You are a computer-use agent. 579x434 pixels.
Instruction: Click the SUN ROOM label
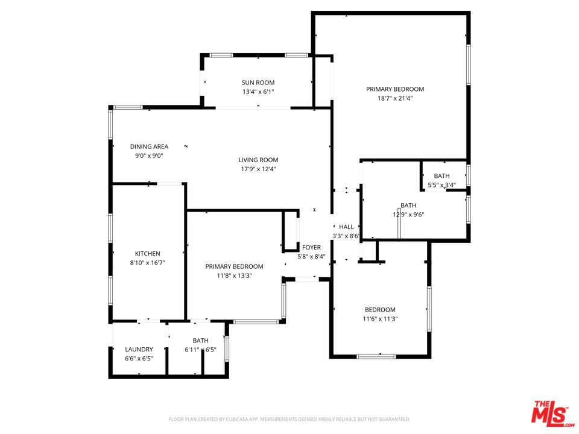(x=258, y=83)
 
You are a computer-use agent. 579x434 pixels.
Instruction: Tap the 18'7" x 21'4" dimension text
(x=394, y=98)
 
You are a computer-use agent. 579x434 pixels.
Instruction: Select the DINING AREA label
(x=149, y=146)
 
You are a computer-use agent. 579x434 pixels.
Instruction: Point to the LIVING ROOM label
(x=258, y=160)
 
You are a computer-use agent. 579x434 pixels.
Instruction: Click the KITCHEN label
(x=147, y=254)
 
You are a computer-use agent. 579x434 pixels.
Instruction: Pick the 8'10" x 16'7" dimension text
(x=147, y=263)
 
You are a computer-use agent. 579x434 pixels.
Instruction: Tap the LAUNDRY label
(x=139, y=349)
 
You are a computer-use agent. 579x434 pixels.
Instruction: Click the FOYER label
(x=311, y=247)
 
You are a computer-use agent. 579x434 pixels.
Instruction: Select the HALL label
(x=346, y=227)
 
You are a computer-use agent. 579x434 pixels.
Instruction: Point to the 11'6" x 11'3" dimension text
(x=380, y=319)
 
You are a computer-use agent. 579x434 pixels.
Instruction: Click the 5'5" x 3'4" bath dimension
(x=441, y=185)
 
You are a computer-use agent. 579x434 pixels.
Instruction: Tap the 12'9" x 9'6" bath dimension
(x=408, y=215)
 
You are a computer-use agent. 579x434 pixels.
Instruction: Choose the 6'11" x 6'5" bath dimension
(x=200, y=350)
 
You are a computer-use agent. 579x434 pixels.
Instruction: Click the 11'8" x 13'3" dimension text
(x=234, y=275)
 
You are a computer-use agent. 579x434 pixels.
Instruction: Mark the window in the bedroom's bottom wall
(x=376, y=356)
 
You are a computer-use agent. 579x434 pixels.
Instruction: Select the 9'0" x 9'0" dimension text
(x=149, y=156)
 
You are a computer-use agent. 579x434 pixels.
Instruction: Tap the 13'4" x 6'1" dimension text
(x=258, y=92)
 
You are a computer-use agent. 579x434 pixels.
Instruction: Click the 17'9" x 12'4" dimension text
(x=258, y=169)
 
